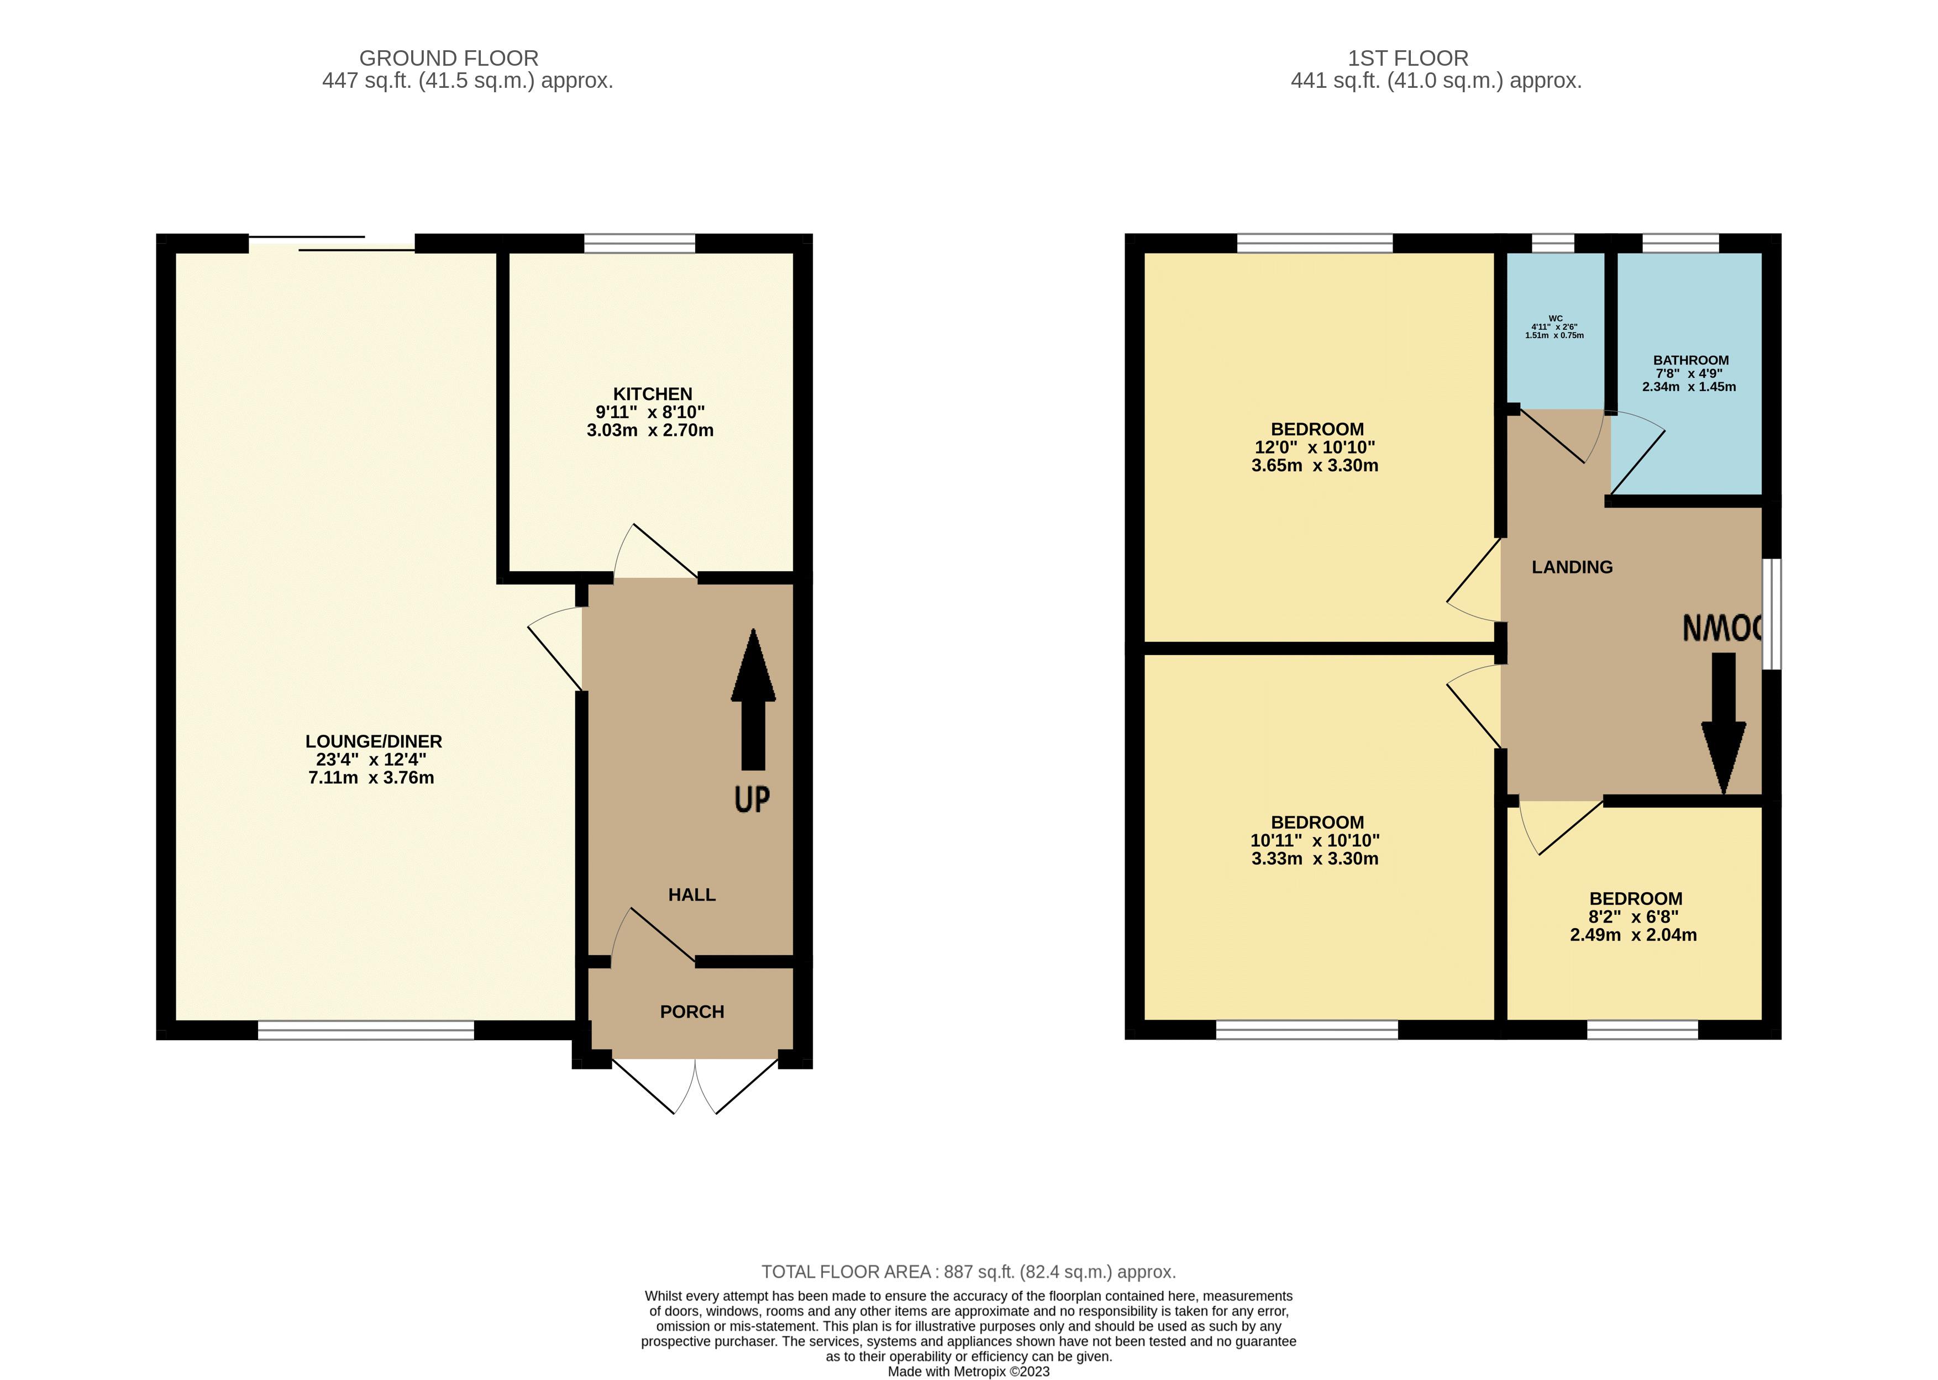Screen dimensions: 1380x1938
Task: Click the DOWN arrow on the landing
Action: click(1723, 722)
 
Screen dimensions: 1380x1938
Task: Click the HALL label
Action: click(692, 895)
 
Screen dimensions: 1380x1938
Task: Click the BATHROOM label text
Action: click(1690, 360)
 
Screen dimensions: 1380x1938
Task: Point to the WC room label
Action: click(1554, 319)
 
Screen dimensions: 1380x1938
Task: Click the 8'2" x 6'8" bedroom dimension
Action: click(1633, 917)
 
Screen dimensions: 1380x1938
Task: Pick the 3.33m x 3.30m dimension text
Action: click(1315, 859)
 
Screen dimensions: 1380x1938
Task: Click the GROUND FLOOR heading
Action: click(448, 59)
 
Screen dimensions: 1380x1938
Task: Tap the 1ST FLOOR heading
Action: click(1407, 59)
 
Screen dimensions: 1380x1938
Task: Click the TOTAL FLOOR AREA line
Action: click(968, 1272)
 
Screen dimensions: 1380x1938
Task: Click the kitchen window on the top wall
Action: click(639, 244)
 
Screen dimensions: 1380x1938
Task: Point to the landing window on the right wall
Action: click(1772, 614)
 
